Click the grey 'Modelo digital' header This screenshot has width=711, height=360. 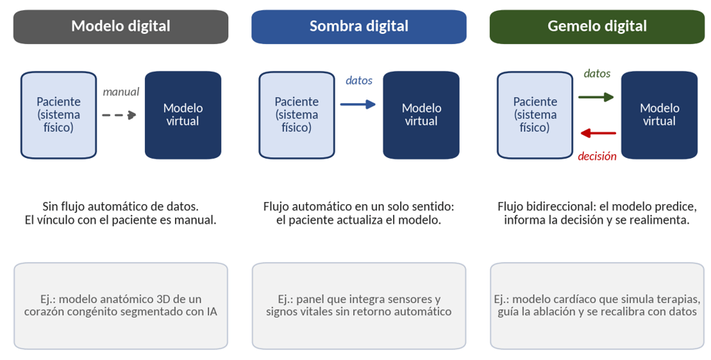pyautogui.click(x=120, y=27)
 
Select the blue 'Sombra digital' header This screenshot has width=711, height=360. pyautogui.click(x=359, y=27)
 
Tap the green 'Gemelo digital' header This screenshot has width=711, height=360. pyautogui.click(x=597, y=27)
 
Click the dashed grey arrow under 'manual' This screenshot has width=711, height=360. pyautogui.click(x=120, y=115)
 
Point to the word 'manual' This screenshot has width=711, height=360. pyautogui.click(x=120, y=92)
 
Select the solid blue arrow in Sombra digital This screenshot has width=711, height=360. pyautogui.click(x=358, y=105)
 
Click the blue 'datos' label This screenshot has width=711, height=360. pyautogui.click(x=359, y=81)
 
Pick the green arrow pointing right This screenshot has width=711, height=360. pyautogui.click(x=596, y=97)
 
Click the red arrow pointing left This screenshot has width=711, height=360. pyautogui.click(x=598, y=133)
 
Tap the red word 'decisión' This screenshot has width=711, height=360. pyautogui.click(x=597, y=156)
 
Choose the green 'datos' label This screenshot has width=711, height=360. pyautogui.click(x=597, y=73)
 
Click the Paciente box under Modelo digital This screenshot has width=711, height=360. pyautogui.click(x=59, y=115)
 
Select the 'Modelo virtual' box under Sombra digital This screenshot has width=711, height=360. pyautogui.click(x=421, y=115)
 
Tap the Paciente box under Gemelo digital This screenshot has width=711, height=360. pyautogui.click(x=535, y=115)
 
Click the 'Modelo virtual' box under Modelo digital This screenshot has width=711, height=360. pyautogui.click(x=184, y=115)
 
